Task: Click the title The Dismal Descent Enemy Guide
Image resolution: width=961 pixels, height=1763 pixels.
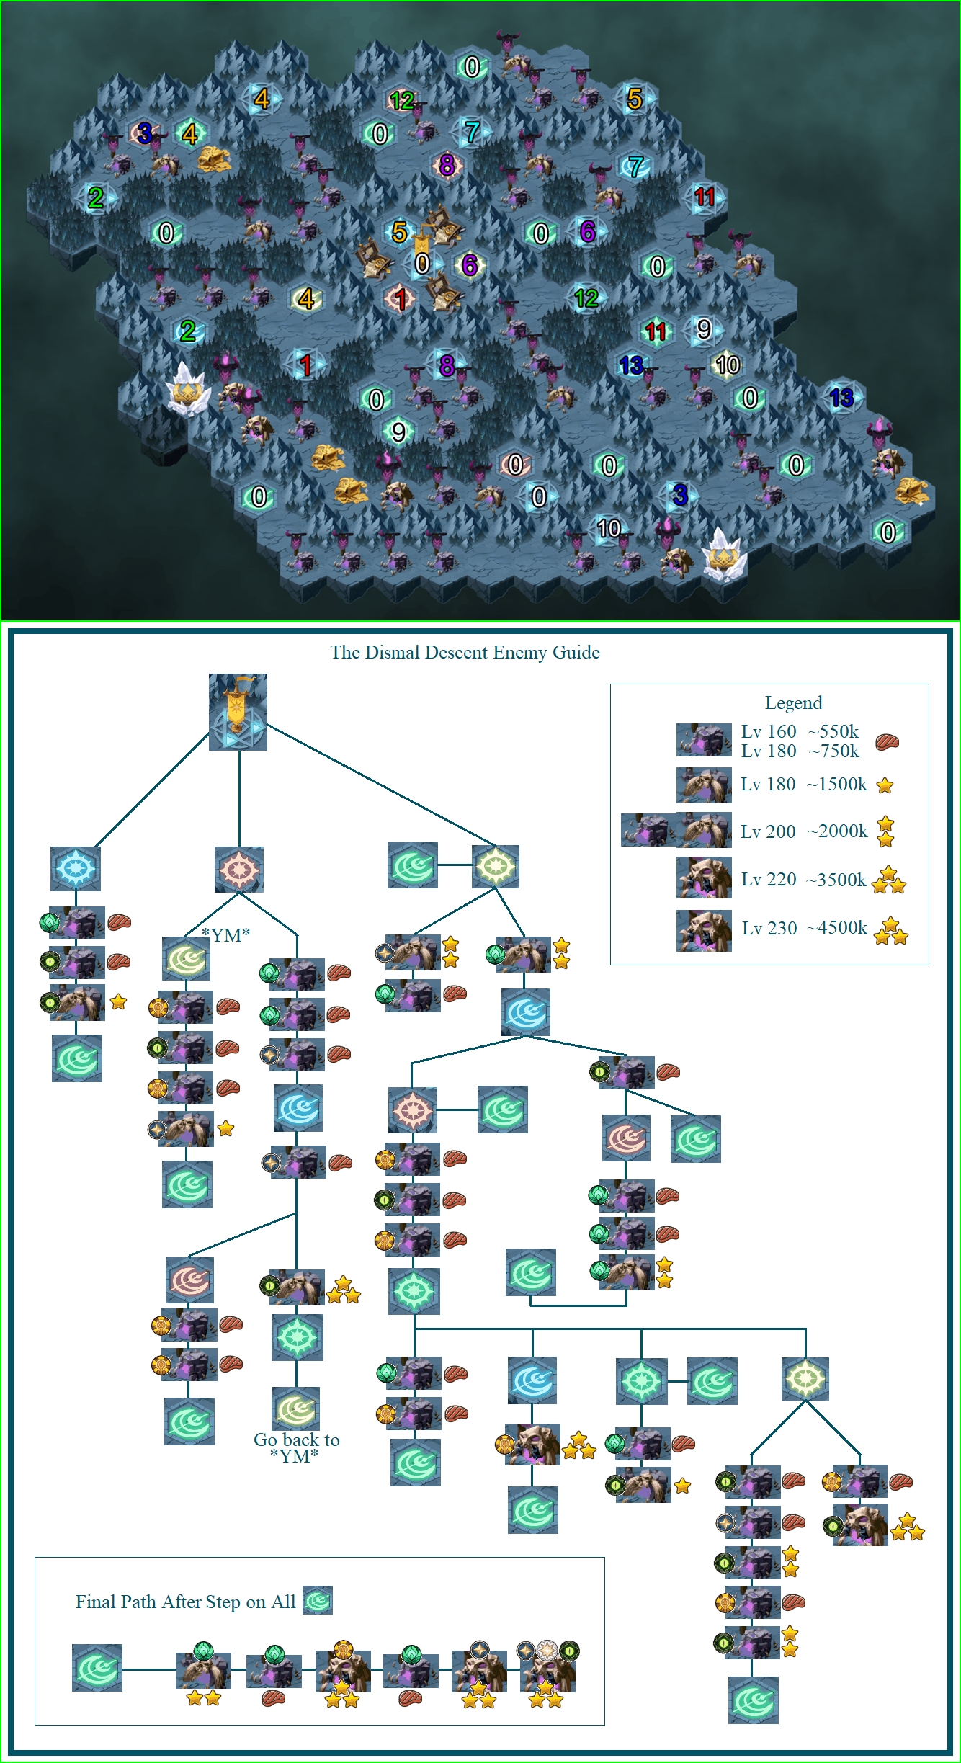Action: (x=465, y=653)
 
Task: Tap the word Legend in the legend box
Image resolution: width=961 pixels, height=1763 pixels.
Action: (x=793, y=703)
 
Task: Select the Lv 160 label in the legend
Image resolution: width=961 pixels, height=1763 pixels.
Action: (x=769, y=732)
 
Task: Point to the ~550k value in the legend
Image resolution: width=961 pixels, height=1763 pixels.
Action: (x=833, y=732)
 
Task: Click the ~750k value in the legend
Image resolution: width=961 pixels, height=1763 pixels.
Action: (x=833, y=751)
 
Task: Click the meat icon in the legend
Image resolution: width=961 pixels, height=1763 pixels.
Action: (x=888, y=742)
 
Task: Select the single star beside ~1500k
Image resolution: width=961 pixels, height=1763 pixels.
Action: (x=885, y=786)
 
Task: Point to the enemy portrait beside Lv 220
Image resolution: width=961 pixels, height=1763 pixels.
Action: (x=704, y=878)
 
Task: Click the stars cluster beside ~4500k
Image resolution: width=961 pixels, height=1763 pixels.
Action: (x=891, y=931)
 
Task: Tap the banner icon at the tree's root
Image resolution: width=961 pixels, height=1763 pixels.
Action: (x=238, y=712)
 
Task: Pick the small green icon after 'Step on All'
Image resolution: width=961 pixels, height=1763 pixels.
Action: (x=318, y=1601)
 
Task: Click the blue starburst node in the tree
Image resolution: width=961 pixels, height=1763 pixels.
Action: (x=76, y=868)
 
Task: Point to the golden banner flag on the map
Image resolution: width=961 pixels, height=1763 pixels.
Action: (x=421, y=243)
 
